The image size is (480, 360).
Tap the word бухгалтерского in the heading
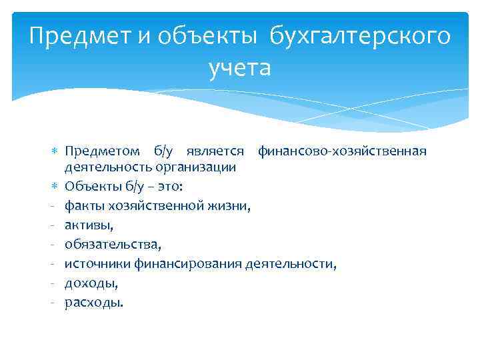point(360,36)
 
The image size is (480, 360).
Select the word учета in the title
point(240,67)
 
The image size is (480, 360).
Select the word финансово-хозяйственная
point(342,151)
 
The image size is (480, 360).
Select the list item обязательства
point(113,245)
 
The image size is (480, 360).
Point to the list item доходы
point(91,283)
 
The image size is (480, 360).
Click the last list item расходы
point(93,303)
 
